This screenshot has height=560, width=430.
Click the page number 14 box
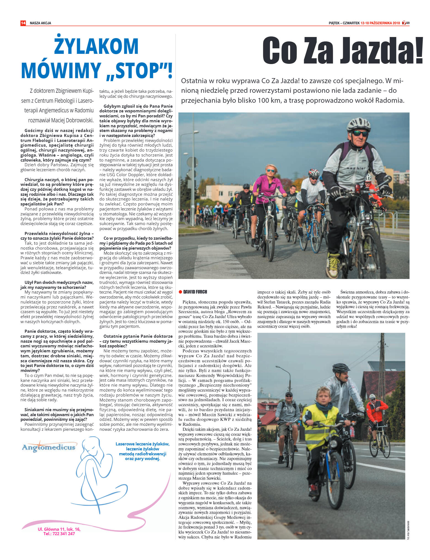(x=23, y=23)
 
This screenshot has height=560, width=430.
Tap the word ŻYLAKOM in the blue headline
(x=96, y=46)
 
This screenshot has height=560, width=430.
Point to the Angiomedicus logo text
(x=49, y=447)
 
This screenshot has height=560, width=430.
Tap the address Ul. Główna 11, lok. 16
(x=59, y=529)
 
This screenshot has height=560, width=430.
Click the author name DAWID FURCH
(x=195, y=292)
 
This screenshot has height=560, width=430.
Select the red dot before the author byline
(x=180, y=292)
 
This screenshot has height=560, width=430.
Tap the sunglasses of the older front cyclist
(x=360, y=134)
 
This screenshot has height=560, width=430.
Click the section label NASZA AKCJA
(x=40, y=23)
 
